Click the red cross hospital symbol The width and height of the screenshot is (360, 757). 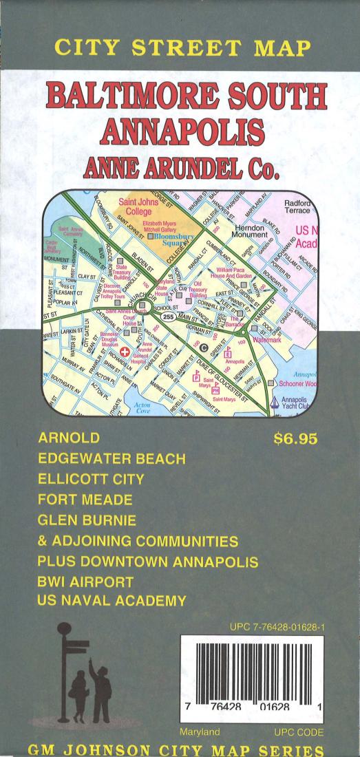[125, 333]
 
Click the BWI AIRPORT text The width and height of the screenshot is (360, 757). [86, 582]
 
